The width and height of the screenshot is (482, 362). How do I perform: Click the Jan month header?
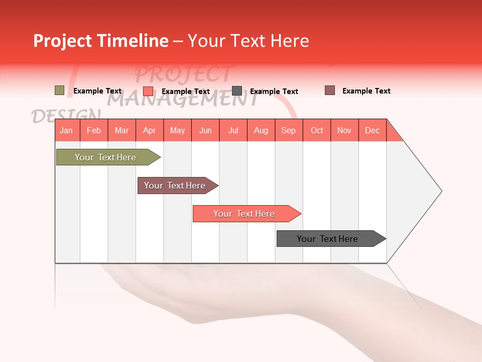click(x=67, y=130)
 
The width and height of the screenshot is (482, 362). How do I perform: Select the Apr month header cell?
click(x=150, y=130)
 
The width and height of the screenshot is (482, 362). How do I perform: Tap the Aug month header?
click(x=261, y=130)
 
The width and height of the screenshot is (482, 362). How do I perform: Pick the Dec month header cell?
click(x=372, y=130)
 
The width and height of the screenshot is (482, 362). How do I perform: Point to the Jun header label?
click(x=205, y=130)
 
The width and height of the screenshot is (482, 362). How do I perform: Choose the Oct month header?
click(x=317, y=130)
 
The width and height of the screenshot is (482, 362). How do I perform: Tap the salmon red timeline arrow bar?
click(x=245, y=214)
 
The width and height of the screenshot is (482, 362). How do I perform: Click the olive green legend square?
click(x=59, y=90)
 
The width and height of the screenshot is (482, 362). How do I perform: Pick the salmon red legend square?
click(x=148, y=91)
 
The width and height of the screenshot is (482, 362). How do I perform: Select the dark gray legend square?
click(x=236, y=91)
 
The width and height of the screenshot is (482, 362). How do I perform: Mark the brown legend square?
click(x=329, y=90)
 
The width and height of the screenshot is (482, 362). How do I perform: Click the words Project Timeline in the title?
click(x=100, y=41)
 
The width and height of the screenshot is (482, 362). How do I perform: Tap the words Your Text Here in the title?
click(x=249, y=41)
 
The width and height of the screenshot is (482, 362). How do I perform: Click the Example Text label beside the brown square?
click(x=366, y=91)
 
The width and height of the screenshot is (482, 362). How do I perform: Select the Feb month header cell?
click(x=94, y=130)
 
